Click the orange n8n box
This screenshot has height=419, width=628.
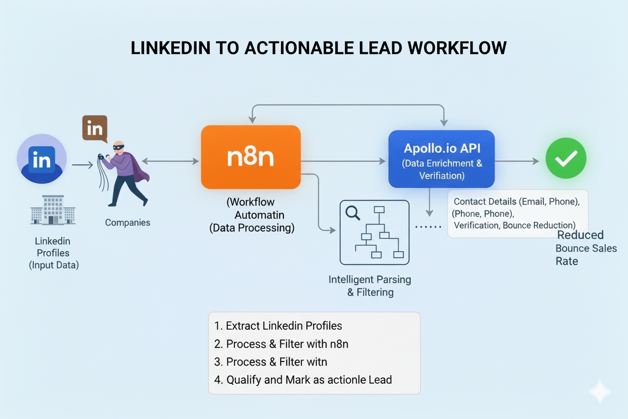[x=251, y=157]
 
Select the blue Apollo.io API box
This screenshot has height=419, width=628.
[x=441, y=159]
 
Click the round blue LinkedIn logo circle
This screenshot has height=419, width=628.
[x=42, y=159]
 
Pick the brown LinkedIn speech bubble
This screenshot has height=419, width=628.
[x=95, y=128]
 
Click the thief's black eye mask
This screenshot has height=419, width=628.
[x=118, y=147]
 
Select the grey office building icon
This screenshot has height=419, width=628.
[x=53, y=211]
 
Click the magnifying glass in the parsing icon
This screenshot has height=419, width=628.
[x=353, y=213]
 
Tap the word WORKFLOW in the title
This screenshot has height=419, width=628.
[x=456, y=48]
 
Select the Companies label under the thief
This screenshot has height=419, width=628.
[x=127, y=223]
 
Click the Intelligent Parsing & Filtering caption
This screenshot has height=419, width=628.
[x=370, y=286]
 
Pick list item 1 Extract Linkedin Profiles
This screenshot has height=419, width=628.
[x=278, y=326]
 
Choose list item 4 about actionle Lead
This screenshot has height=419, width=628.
[x=303, y=380]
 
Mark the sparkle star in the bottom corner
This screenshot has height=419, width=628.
[x=600, y=392]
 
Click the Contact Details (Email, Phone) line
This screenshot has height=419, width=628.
[x=517, y=202]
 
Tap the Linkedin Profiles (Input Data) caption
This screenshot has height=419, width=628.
[x=53, y=253]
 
